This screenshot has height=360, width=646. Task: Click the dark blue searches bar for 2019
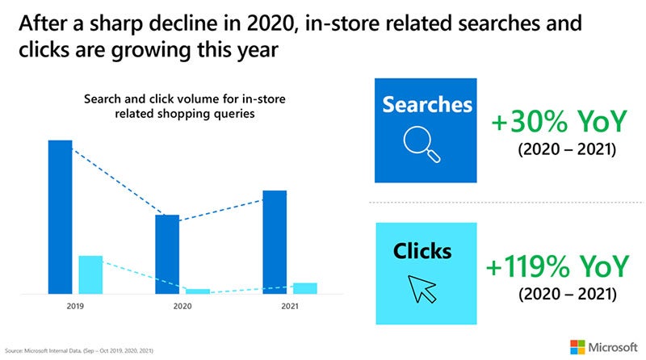coord(60,216)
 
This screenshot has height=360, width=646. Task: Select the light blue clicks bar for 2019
coord(90,274)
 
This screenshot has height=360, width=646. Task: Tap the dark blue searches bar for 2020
coord(167,253)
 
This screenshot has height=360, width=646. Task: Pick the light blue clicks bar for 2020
coord(198,291)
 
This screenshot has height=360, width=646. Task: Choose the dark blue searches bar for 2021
coord(275,241)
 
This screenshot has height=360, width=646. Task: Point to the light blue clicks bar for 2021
coord(305,288)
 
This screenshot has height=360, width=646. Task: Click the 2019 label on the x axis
coord(75,307)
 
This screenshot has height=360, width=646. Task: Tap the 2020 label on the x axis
coord(182,307)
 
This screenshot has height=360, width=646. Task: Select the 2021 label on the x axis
coord(290,307)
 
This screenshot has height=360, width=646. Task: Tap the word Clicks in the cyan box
coord(422,251)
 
